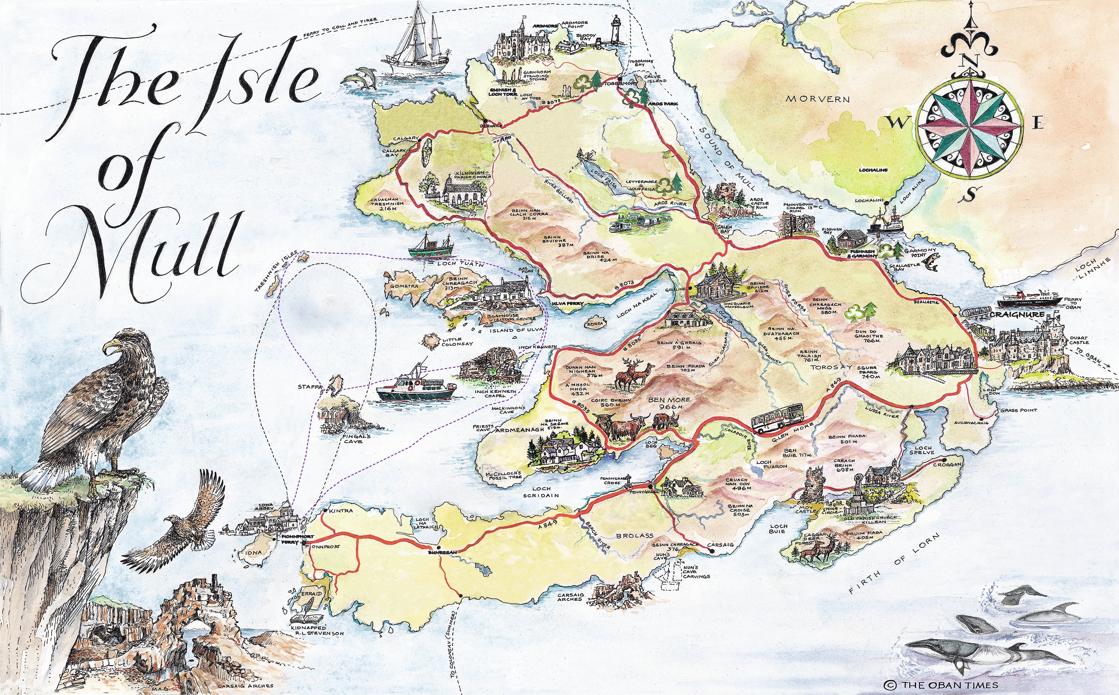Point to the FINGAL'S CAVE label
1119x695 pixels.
coord(353,438)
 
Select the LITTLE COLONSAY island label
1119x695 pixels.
coord(457,342)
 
